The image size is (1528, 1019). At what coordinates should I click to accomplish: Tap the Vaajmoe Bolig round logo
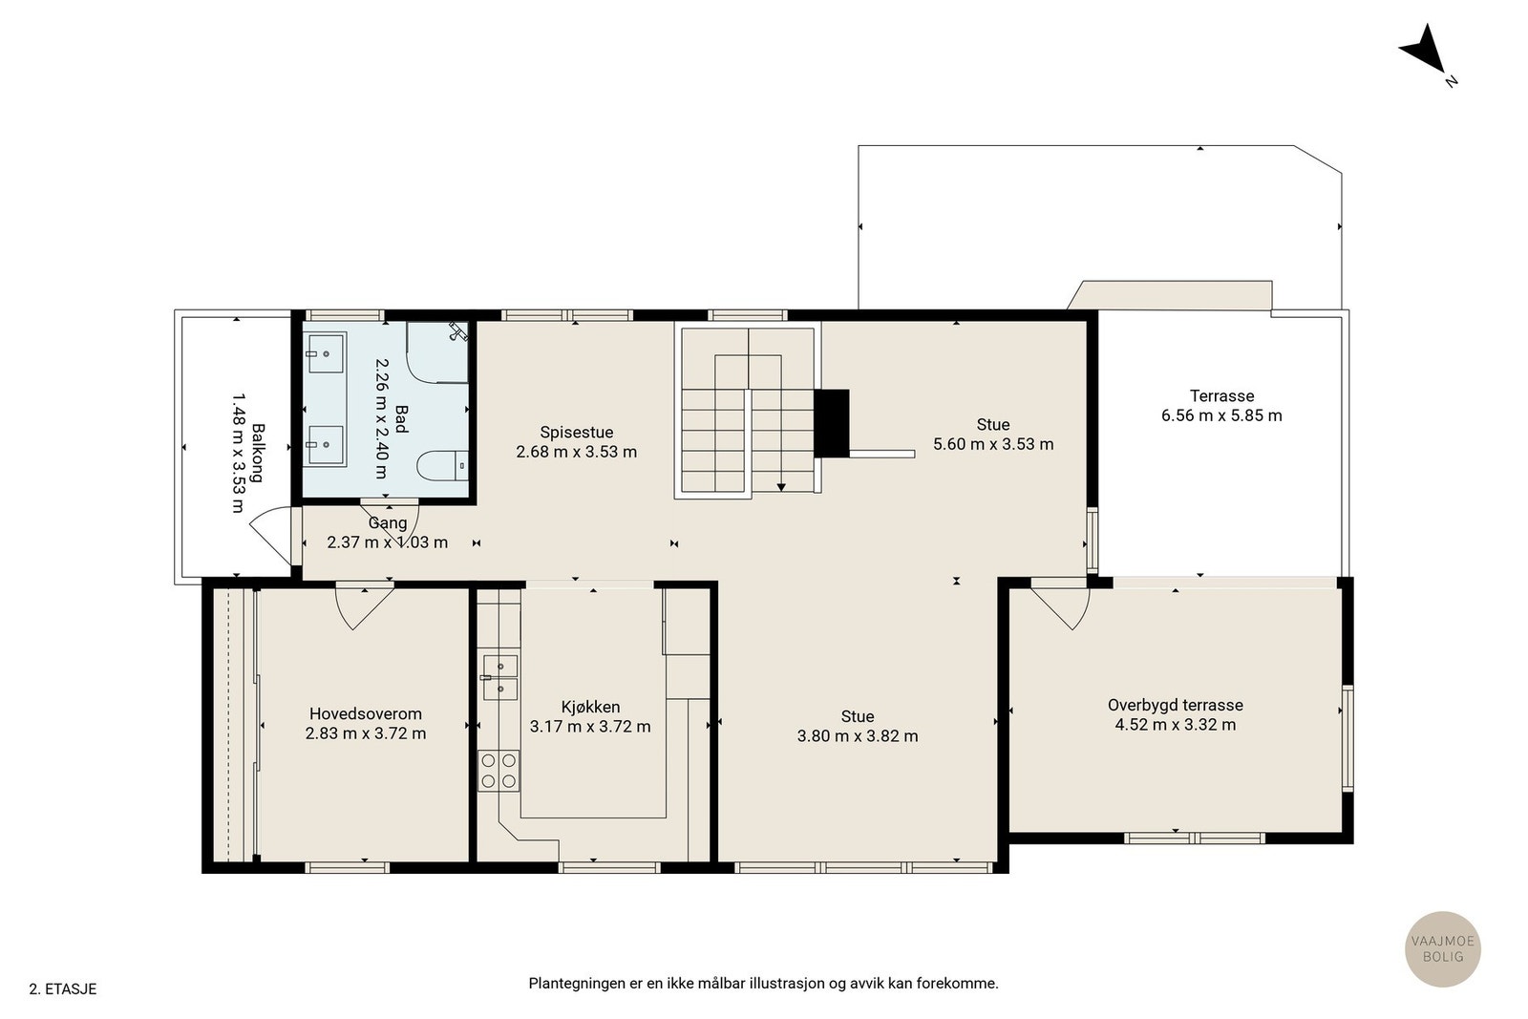[1443, 948]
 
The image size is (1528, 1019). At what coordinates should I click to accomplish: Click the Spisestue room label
[577, 433]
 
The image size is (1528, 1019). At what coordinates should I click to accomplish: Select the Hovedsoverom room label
[366, 714]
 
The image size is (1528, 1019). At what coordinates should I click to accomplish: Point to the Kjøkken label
[590, 708]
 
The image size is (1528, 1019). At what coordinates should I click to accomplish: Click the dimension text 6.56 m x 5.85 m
[1221, 415]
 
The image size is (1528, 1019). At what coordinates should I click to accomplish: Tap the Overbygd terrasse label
[1176, 705]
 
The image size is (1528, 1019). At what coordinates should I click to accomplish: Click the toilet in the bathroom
[443, 466]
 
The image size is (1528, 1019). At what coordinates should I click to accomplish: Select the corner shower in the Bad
[437, 352]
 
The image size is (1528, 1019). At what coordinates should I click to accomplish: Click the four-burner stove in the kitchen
[498, 771]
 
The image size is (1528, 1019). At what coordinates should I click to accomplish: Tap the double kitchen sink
[500, 677]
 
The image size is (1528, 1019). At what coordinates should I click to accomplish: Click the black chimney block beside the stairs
[832, 423]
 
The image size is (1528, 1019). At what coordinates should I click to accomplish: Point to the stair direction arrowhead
[781, 487]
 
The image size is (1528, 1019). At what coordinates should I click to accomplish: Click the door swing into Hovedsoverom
[364, 605]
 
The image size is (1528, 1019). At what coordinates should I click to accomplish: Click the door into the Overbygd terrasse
[1060, 605]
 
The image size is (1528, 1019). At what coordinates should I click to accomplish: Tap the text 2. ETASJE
[63, 989]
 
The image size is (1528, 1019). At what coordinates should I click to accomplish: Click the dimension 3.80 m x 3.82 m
[858, 736]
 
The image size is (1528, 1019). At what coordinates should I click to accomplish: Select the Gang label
[388, 523]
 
